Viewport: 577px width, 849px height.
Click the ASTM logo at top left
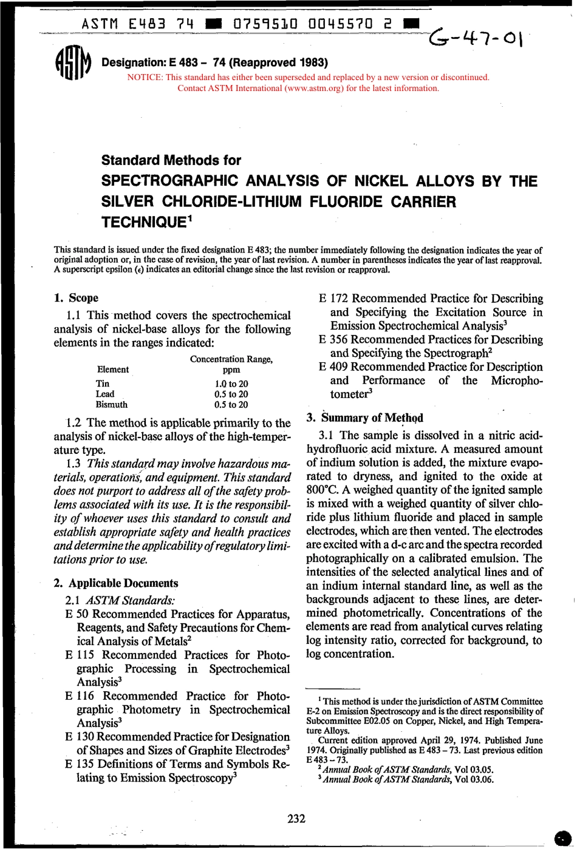(x=73, y=63)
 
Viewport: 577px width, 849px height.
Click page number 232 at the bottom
(x=296, y=819)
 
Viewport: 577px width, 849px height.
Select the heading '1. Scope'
(x=76, y=298)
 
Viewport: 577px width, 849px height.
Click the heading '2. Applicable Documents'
(x=116, y=583)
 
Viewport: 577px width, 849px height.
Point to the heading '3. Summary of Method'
(x=365, y=418)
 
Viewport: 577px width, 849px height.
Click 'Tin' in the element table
(x=103, y=384)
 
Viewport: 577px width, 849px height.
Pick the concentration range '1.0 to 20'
(x=231, y=384)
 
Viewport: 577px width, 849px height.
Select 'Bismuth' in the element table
(x=112, y=404)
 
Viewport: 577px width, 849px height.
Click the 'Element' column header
(x=113, y=369)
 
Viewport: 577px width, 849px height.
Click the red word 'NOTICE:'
(x=145, y=78)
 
